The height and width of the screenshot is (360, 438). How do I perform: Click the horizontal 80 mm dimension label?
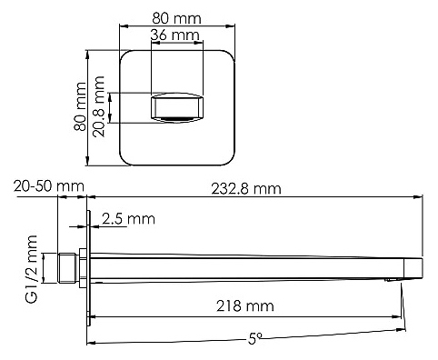click(176, 18)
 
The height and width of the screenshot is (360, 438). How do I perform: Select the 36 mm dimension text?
click(175, 35)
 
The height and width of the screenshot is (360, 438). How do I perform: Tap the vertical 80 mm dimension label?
click(80, 106)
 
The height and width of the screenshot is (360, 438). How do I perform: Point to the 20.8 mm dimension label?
click(99, 106)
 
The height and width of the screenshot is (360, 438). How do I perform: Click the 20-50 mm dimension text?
click(49, 186)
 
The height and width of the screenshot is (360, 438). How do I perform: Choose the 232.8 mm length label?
click(246, 189)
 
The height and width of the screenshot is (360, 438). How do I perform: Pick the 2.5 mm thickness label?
click(128, 218)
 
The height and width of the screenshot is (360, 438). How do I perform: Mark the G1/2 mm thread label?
click(32, 269)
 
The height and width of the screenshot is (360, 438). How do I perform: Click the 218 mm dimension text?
click(245, 305)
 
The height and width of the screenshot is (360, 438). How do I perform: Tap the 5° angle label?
click(254, 338)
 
